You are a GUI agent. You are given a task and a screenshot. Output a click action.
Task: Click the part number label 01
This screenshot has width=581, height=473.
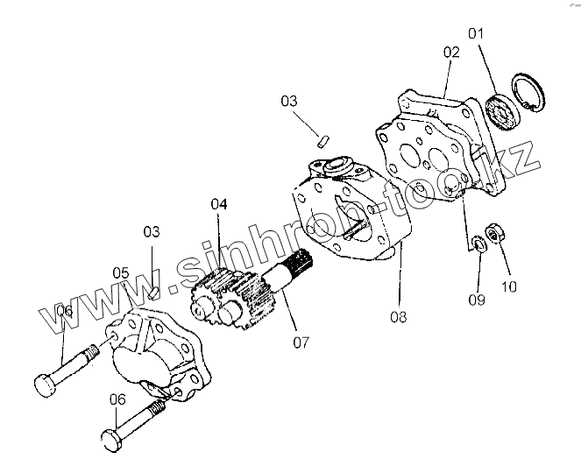coord(476,34)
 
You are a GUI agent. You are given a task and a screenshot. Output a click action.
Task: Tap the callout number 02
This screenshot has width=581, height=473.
coord(450,52)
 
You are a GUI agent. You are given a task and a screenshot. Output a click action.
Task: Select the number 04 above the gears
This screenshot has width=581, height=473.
coord(218,204)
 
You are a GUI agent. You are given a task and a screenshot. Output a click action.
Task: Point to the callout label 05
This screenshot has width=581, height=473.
coord(121,272)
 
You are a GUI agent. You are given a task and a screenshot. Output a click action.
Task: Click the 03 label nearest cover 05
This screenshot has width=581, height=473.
coord(152,231)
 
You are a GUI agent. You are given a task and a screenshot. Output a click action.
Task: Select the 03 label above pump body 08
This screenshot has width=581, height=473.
coord(290,101)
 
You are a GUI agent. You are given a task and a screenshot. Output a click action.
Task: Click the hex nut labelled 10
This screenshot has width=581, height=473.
coord(493,232)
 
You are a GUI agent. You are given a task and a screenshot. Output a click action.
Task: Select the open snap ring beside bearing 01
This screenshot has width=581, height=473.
coord(527,90)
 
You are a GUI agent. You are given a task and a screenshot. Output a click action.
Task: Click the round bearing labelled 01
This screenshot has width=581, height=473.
coord(501,109)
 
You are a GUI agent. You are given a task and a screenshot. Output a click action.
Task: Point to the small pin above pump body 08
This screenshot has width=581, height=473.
coord(322,137)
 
